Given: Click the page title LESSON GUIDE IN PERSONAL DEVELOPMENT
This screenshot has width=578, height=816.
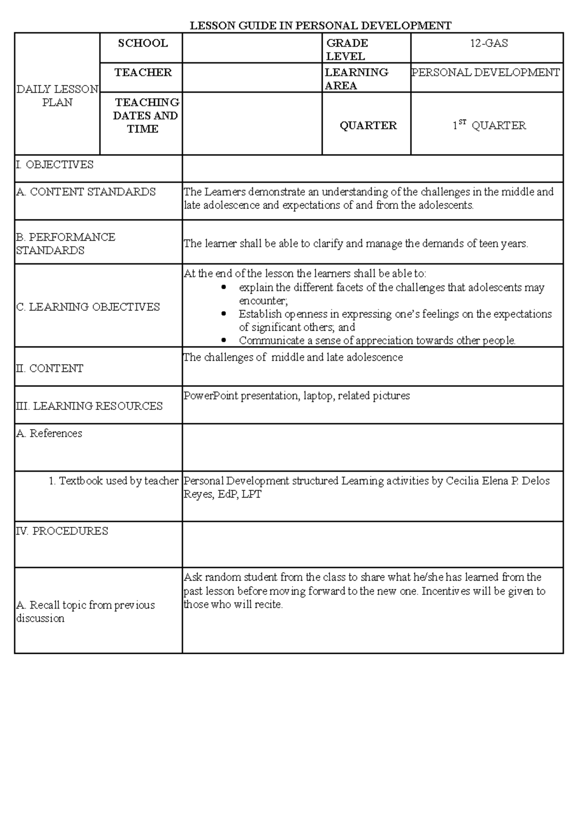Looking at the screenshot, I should (320, 26).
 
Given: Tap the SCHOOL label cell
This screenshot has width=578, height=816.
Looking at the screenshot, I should (143, 43).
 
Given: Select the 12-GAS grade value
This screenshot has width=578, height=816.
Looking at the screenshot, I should (489, 43).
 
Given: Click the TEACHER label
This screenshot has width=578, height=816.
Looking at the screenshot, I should (143, 73).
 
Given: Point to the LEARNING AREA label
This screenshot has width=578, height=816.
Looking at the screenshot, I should (356, 79).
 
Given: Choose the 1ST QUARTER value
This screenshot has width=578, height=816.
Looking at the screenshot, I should (489, 126).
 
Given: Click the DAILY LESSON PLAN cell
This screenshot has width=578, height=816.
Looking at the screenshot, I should (57, 96).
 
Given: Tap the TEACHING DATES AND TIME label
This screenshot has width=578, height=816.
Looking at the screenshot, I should (145, 115).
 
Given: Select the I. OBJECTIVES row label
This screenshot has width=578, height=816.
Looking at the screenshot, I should (55, 165).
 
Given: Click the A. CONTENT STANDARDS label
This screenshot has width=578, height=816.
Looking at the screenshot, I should (86, 192).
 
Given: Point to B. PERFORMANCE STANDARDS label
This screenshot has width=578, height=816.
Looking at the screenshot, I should (66, 243).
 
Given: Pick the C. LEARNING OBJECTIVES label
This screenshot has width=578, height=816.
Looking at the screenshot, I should (88, 307).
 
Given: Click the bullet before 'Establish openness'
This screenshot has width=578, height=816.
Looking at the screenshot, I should (223, 314).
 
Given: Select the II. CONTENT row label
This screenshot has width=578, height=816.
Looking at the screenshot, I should (50, 369).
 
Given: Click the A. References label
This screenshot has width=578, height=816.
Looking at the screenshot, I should (49, 433).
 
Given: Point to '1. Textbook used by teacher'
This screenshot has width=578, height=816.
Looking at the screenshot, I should (114, 481).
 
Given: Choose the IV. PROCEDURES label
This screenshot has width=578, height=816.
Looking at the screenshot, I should (62, 531).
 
